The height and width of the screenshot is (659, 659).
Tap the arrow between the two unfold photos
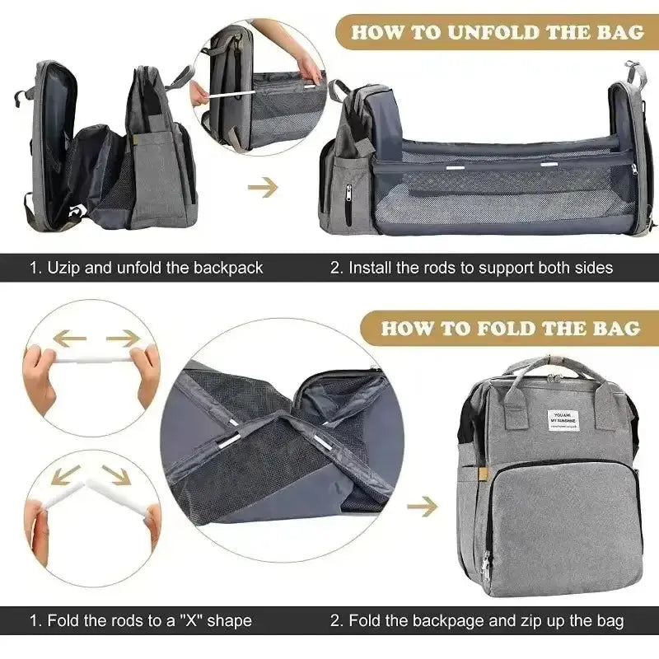(x=263, y=188)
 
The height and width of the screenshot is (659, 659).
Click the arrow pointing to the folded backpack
(x=422, y=506)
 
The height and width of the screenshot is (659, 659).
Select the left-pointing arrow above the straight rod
(x=69, y=338)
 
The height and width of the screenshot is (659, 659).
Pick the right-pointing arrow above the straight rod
(x=124, y=338)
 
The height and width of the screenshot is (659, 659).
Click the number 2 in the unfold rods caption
(x=335, y=267)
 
